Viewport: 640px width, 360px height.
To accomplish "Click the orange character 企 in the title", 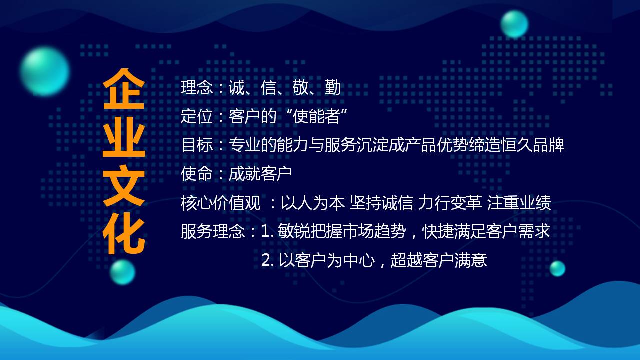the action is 124,89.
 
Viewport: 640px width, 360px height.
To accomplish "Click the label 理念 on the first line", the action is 197,87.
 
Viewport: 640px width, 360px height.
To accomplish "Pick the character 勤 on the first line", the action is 333,87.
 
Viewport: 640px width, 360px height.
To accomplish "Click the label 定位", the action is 197,116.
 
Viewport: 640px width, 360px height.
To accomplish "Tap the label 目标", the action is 197,145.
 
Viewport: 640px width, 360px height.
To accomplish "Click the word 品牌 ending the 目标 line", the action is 548,145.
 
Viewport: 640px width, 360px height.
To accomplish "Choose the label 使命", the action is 197,173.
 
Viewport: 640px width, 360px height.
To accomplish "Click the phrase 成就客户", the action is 260,173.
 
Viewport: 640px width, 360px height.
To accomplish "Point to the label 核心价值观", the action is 221,203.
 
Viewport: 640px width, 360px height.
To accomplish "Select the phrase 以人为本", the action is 313,203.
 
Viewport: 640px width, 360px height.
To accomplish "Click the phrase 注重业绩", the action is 519,203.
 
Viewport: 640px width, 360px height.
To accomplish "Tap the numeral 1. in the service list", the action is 267,231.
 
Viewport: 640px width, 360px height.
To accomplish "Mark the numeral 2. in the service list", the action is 268,260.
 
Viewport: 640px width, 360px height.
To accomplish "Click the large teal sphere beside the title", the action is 45,71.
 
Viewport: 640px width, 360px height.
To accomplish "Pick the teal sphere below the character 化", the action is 122,272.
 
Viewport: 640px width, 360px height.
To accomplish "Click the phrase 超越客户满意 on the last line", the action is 439,260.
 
